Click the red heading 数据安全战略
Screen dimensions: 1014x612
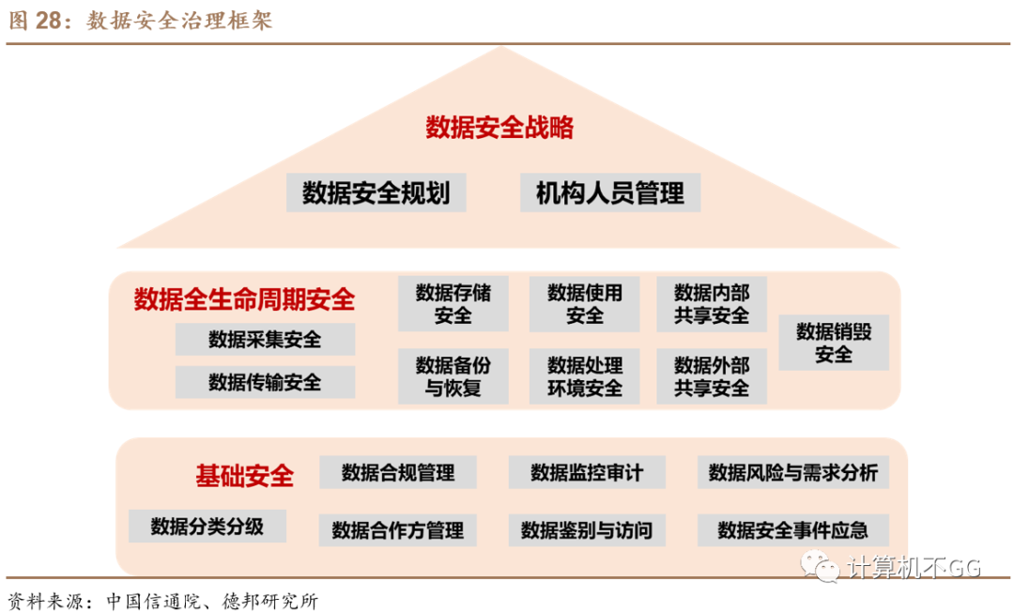point(499,128)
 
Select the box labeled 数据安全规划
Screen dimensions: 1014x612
point(376,192)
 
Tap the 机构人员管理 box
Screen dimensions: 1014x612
point(610,192)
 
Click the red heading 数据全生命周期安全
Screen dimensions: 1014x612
point(245,300)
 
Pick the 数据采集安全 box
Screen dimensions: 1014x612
point(265,339)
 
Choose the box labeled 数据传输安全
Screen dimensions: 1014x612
point(265,382)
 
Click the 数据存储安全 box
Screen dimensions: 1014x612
point(453,303)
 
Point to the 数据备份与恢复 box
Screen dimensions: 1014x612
point(453,375)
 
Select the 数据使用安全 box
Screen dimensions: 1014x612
point(585,303)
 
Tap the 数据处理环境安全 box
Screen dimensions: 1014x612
point(585,375)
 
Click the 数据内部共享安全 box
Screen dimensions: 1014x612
point(711,303)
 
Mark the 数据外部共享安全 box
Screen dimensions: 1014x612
point(711,375)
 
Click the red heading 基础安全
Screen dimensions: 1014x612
point(244,476)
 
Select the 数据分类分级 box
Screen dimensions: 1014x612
point(207,527)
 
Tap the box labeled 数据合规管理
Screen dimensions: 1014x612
point(398,472)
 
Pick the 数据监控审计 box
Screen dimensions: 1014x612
point(587,472)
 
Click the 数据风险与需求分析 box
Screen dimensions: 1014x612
point(792,472)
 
